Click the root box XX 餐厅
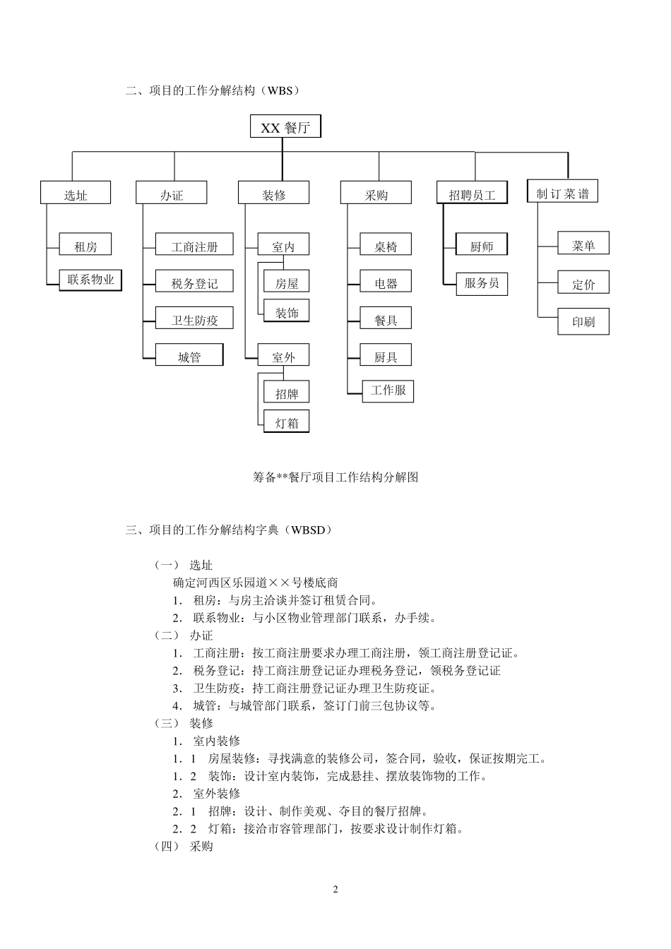click(x=285, y=127)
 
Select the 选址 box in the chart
click(x=76, y=193)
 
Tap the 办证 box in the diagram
click(x=172, y=193)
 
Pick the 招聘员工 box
click(x=473, y=193)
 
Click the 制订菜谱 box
click(x=562, y=192)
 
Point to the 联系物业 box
click(x=90, y=280)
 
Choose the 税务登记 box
click(x=194, y=283)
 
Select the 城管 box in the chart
click(x=189, y=357)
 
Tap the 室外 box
click(x=284, y=357)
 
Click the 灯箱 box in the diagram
click(x=287, y=422)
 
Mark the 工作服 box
click(x=388, y=390)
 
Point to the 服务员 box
click(x=482, y=283)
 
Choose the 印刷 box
click(x=583, y=322)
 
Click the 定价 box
click(x=583, y=284)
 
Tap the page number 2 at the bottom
click(x=335, y=889)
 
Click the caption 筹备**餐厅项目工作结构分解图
click(x=335, y=477)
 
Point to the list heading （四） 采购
click(x=184, y=846)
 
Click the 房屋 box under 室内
click(x=287, y=283)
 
